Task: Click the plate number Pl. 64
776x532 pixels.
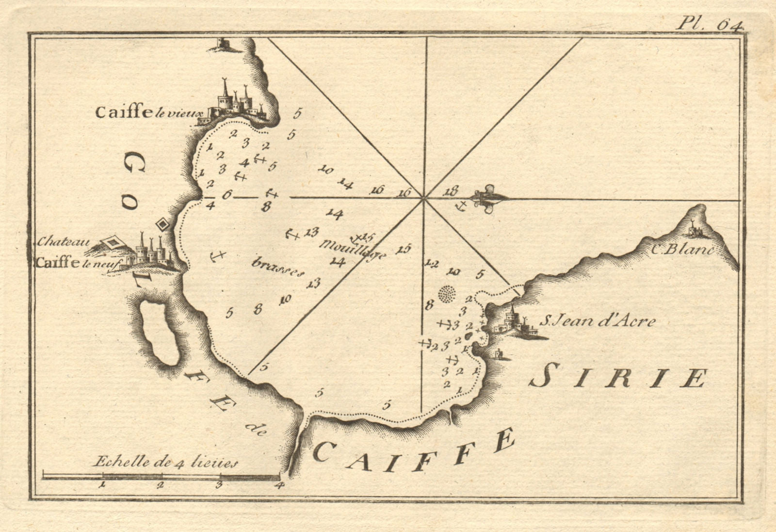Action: coord(709,23)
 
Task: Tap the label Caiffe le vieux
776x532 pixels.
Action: coord(144,113)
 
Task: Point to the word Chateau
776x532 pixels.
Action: coord(61,241)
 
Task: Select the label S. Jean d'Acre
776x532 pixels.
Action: coord(598,321)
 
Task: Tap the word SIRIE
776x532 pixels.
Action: coord(617,378)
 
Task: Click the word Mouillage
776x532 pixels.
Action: coord(352,248)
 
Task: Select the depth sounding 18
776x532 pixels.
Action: coord(451,191)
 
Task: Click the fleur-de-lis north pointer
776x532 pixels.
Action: coord(487,198)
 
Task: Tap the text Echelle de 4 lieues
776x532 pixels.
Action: coord(165,462)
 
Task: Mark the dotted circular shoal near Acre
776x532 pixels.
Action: coord(448,294)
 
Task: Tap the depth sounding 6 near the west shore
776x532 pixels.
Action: coord(226,195)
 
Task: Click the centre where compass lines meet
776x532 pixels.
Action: coord(424,198)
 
